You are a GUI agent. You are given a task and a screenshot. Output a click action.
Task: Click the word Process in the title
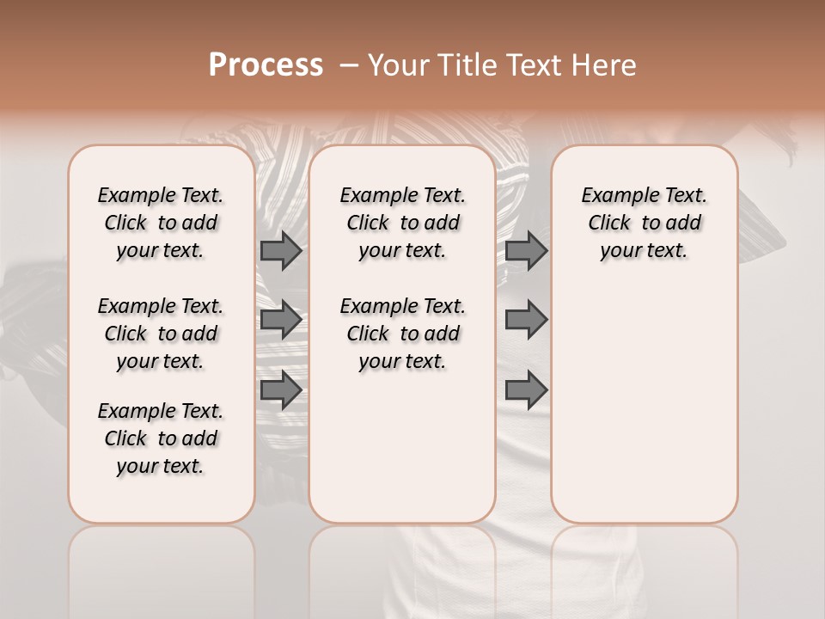266,65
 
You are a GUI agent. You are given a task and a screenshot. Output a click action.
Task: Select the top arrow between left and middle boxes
281,250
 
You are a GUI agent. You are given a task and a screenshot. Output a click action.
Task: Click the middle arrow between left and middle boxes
281,320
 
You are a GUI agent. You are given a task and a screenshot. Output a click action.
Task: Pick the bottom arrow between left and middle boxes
281,389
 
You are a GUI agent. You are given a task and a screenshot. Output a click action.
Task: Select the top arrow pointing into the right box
526,250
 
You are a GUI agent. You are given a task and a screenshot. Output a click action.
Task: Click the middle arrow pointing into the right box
526,320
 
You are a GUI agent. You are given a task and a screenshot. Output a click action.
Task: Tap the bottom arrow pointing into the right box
526,389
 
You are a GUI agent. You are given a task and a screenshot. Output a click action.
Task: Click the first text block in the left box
161,223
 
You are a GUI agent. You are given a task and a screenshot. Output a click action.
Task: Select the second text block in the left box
161,334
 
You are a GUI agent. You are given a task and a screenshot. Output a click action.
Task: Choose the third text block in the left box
161,438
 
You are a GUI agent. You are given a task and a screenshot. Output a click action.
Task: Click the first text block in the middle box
402,223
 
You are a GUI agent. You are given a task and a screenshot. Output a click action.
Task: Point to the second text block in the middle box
402,334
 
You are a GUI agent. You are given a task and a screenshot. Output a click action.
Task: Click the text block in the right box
644,223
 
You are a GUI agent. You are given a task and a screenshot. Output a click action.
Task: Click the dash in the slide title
349,65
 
